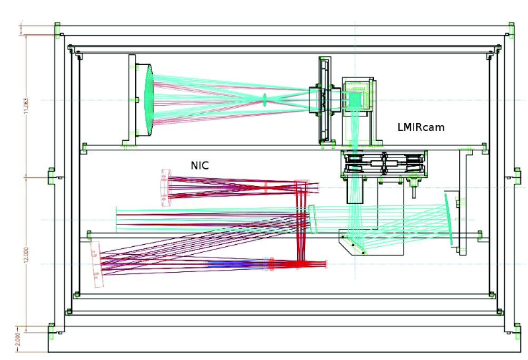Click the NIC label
[x=200, y=165]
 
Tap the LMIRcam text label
[x=420, y=126]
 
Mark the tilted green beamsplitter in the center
[x=314, y=219]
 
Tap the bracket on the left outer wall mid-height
[x=52, y=177]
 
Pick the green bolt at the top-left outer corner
[x=57, y=27]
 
